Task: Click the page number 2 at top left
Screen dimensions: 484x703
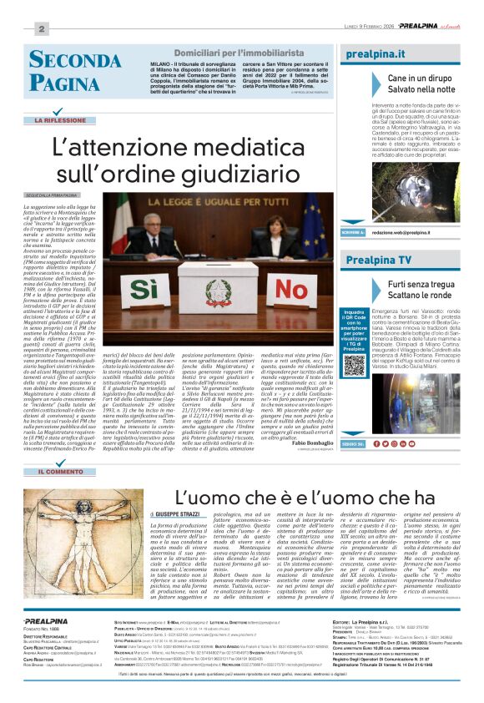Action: click(x=40, y=28)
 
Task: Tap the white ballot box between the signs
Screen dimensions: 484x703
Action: click(x=214, y=283)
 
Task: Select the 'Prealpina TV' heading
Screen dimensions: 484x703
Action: click(x=381, y=260)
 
